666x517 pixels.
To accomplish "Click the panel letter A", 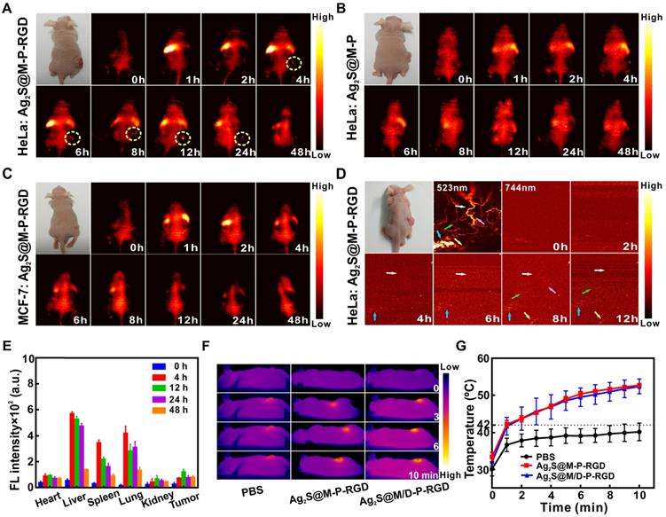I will (x=7, y=8).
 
